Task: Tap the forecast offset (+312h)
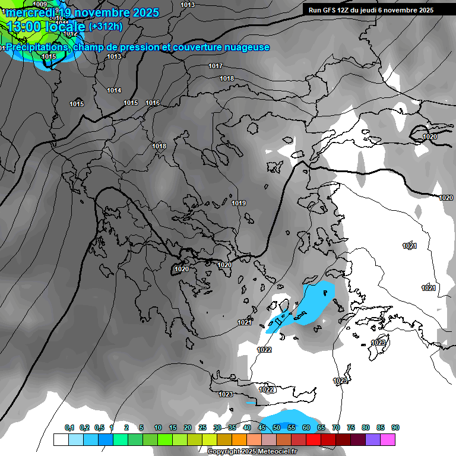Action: click(x=105, y=26)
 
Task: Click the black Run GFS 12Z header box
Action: click(x=371, y=10)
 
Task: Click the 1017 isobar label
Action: click(x=216, y=66)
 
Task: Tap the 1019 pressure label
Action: click(x=239, y=203)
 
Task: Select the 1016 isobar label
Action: click(x=153, y=103)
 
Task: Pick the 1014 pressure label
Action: click(x=114, y=90)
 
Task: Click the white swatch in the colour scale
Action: click(x=61, y=439)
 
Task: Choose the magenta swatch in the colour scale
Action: click(x=388, y=439)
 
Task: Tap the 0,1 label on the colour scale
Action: click(x=69, y=427)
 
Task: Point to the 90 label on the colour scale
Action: click(x=395, y=427)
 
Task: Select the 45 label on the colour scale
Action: click(x=262, y=427)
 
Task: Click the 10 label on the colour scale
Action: click(x=158, y=427)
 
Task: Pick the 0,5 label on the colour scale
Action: click(x=99, y=427)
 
